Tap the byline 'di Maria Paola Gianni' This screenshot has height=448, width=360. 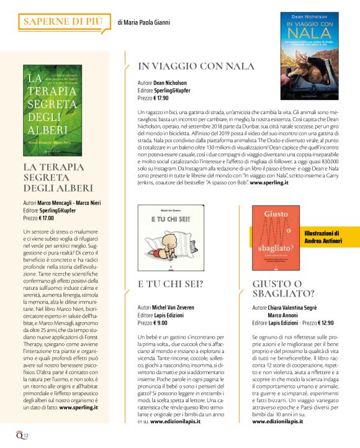point(143,23)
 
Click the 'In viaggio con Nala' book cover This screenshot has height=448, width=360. point(310,56)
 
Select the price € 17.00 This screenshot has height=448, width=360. point(46,218)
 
